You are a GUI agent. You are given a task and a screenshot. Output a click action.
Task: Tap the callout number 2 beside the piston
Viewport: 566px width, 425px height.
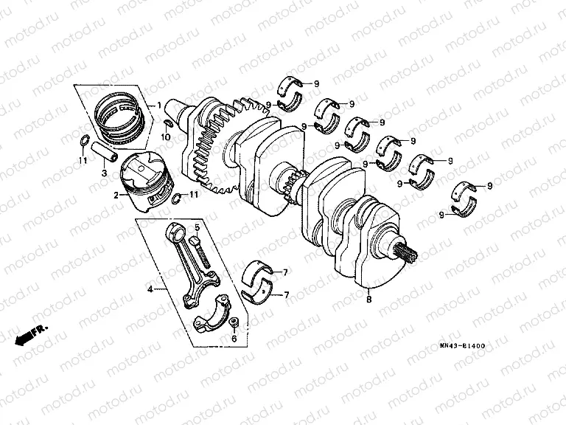click(x=116, y=196)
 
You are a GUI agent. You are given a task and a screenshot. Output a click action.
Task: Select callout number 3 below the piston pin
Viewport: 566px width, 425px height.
click(x=104, y=173)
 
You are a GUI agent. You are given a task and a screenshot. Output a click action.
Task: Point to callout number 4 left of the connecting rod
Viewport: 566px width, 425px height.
click(x=150, y=289)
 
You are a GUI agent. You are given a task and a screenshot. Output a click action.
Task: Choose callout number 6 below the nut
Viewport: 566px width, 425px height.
click(x=234, y=339)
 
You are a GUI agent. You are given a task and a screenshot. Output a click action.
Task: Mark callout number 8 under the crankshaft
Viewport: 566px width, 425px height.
click(x=368, y=300)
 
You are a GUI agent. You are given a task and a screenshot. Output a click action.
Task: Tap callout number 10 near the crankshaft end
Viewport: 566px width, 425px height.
click(x=167, y=137)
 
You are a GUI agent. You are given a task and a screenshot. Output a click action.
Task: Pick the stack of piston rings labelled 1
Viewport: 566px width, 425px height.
click(x=121, y=117)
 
